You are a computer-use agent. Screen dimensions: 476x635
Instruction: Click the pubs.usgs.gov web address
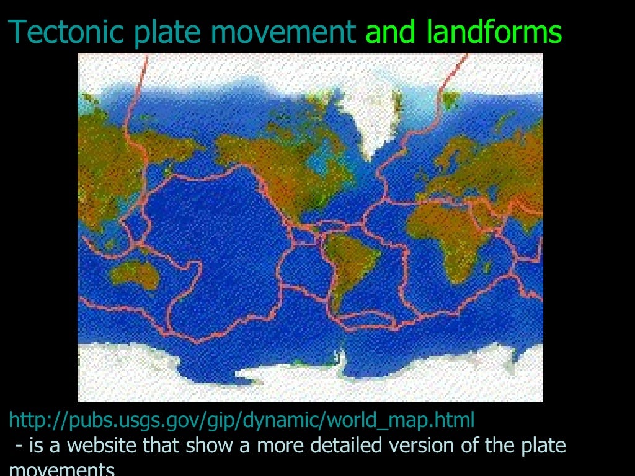[x=242, y=420]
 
